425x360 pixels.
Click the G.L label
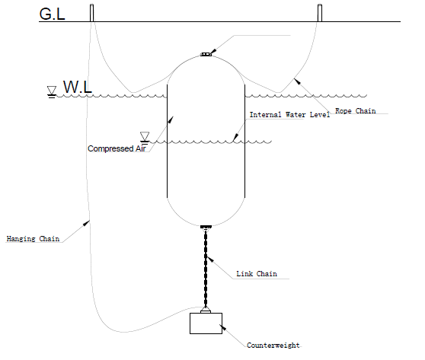(x=52, y=14)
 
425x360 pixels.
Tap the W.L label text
(x=78, y=87)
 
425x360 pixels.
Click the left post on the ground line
(x=92, y=13)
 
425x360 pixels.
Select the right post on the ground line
(x=320, y=13)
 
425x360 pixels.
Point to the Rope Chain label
(x=356, y=111)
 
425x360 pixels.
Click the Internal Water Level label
(x=289, y=115)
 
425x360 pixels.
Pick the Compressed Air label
(x=117, y=148)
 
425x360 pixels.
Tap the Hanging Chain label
(x=33, y=239)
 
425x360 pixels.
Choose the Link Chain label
(x=257, y=273)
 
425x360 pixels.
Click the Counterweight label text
(x=273, y=345)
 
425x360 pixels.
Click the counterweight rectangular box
(x=206, y=323)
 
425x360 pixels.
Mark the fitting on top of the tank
(x=206, y=55)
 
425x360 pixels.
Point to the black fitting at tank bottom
(x=206, y=227)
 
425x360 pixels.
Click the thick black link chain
(x=206, y=268)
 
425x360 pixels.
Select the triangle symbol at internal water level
(x=145, y=137)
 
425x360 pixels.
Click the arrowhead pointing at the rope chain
(x=297, y=81)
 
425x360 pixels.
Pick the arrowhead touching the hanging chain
(x=86, y=223)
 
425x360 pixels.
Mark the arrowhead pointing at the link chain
(x=210, y=260)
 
